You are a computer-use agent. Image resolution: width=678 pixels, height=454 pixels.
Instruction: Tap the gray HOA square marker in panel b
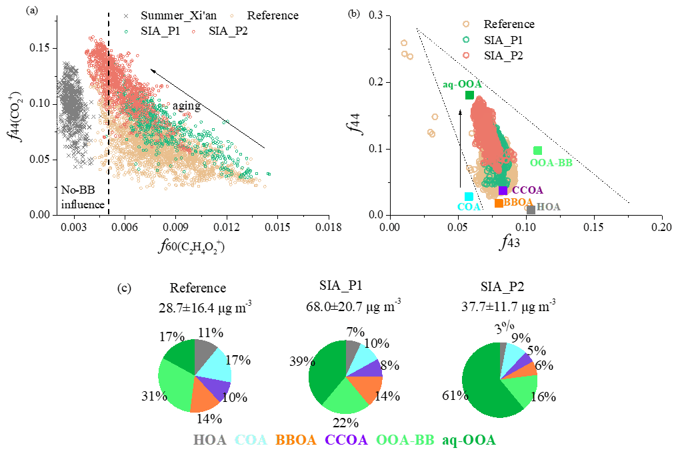[531, 209]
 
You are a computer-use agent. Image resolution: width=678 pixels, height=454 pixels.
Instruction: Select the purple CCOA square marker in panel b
[503, 190]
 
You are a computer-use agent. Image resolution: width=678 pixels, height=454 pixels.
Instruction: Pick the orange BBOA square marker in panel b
[499, 203]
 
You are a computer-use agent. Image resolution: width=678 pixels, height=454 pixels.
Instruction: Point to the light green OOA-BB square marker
[537, 151]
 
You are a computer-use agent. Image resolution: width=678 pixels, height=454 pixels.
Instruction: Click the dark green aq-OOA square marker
[469, 95]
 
